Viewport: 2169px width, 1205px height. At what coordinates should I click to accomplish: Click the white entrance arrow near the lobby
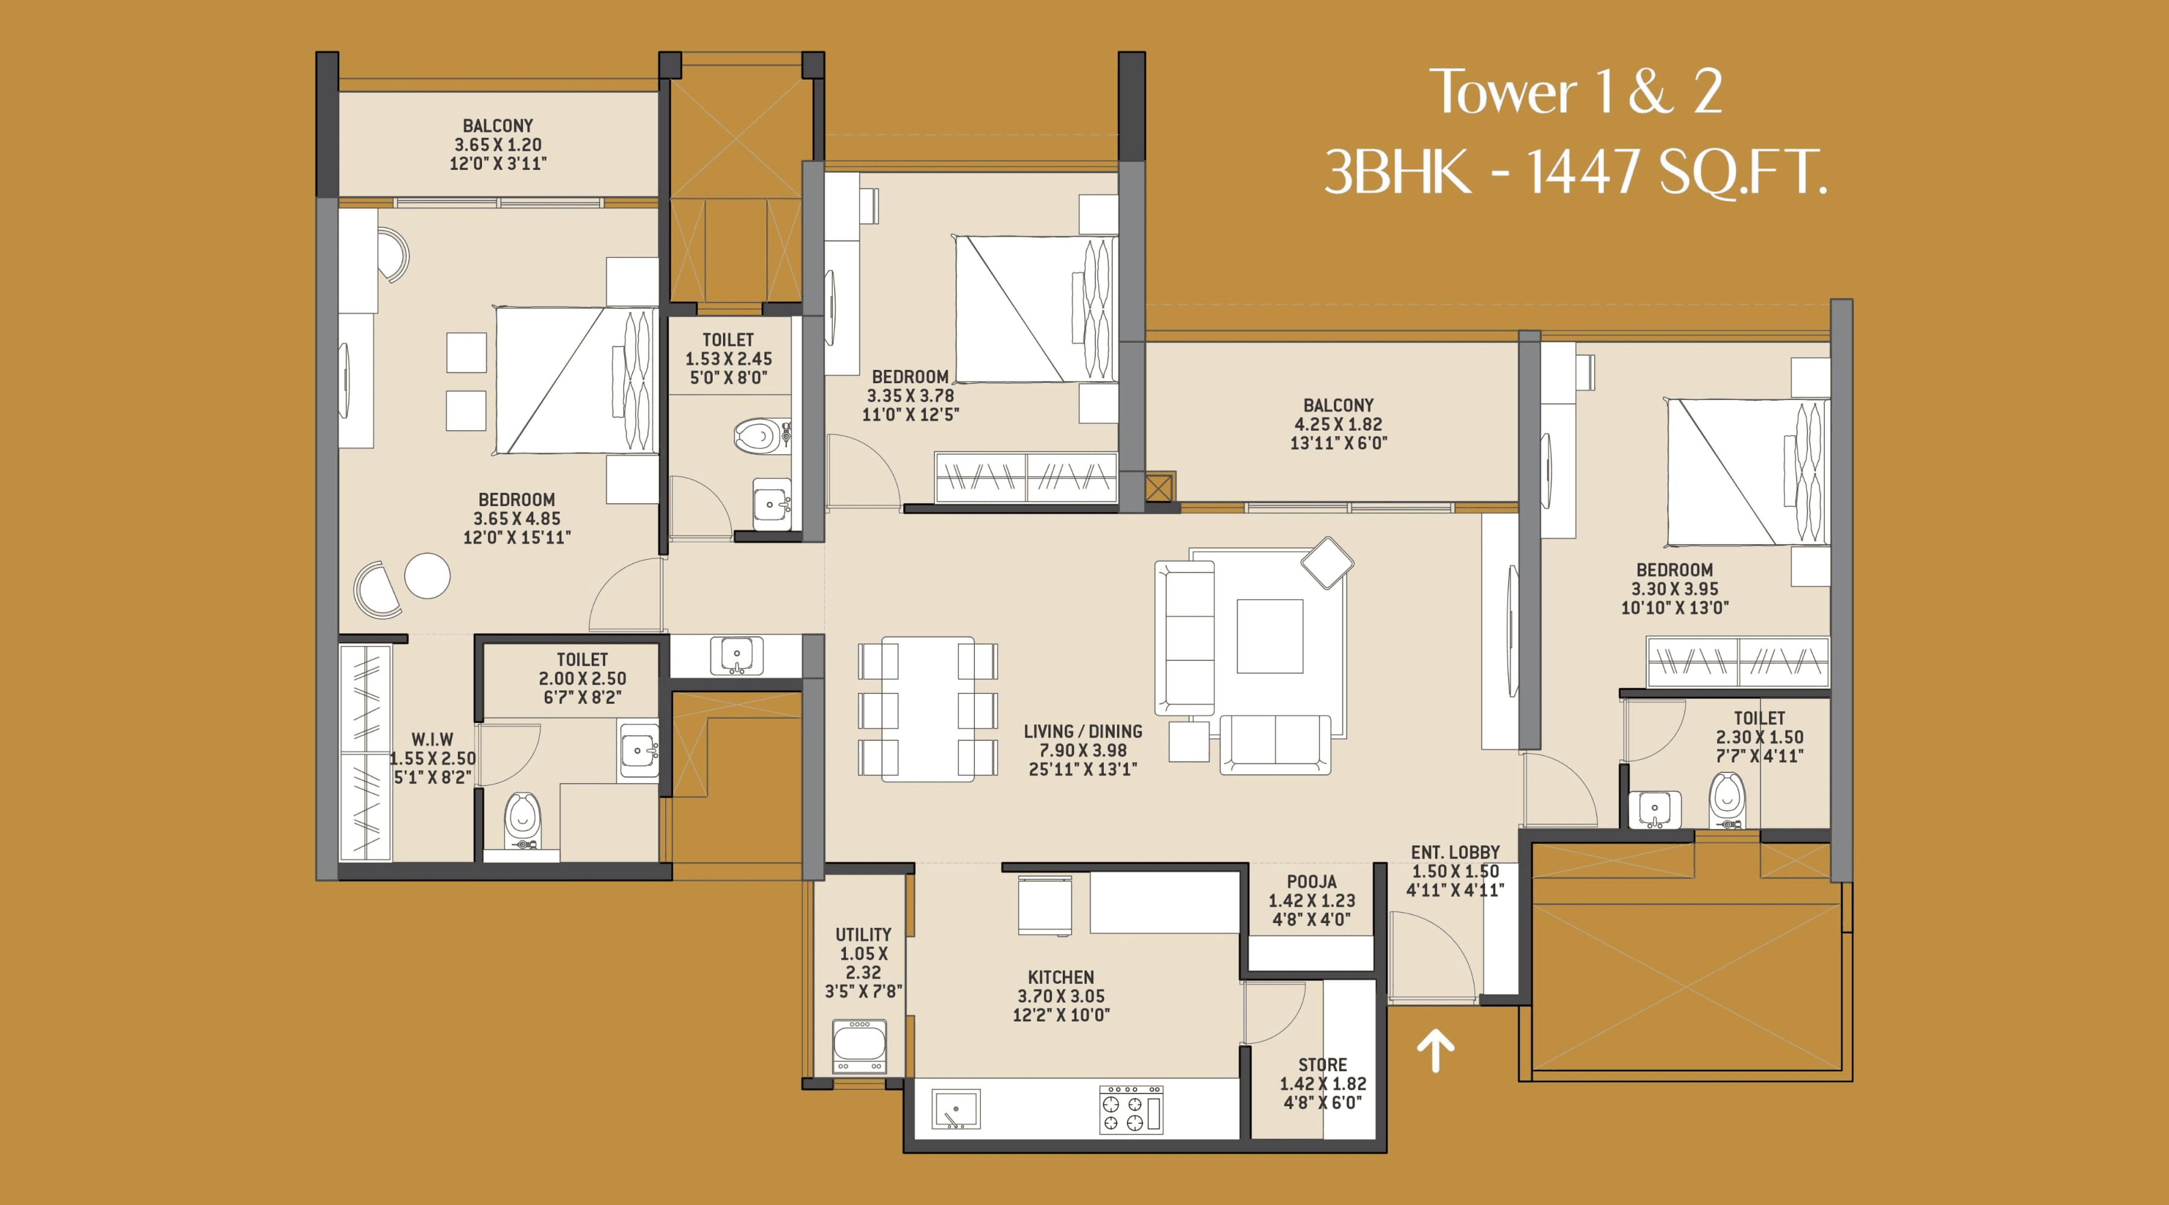coord(1436,1052)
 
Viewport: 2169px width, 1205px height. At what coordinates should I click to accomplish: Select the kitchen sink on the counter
coord(956,1109)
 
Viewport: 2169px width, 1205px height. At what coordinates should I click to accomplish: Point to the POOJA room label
coord(1311,881)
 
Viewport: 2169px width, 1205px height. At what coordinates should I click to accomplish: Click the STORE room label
coord(1322,1065)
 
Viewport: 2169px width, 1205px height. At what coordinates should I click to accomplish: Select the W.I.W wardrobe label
coord(432,739)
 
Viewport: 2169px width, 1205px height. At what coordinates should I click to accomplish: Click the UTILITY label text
coord(863,934)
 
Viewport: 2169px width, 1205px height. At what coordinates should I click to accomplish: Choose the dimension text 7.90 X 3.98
coord(1082,750)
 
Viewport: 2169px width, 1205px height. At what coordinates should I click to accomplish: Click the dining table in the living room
coord(928,709)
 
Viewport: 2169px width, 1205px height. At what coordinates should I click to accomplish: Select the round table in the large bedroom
coord(427,575)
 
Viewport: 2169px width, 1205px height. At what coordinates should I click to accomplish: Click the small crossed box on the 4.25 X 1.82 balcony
coord(1159,487)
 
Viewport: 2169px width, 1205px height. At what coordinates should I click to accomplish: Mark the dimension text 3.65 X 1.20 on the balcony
coord(498,145)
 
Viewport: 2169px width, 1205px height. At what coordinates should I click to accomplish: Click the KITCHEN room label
coord(1061,977)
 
